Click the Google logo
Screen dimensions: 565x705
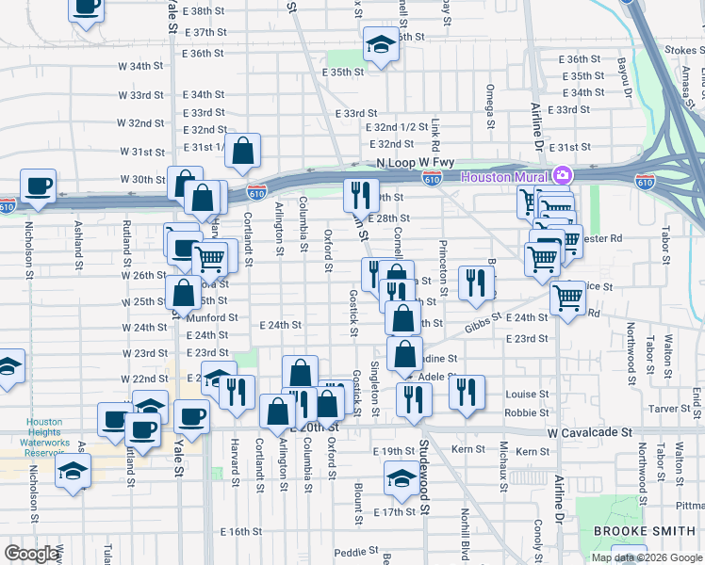tap(31, 554)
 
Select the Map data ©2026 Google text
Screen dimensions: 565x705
tap(647, 557)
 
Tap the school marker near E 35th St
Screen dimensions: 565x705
tap(381, 43)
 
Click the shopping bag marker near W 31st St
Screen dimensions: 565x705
tap(243, 150)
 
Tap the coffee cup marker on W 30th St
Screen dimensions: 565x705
tap(38, 185)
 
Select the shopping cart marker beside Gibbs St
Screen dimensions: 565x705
tap(567, 299)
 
